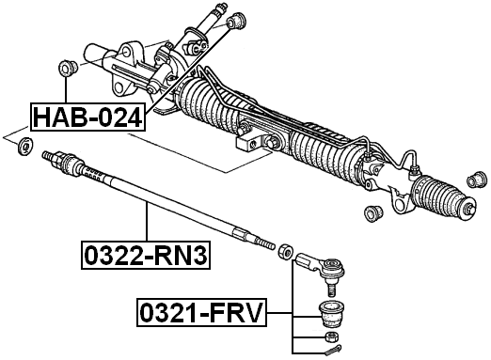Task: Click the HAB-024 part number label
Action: (87, 117)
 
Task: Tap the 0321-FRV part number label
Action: (201, 312)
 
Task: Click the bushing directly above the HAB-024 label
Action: (68, 68)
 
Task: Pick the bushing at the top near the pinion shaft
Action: (237, 19)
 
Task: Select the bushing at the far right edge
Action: (479, 179)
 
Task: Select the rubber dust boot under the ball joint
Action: (329, 311)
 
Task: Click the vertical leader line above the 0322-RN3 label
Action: (147, 222)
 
